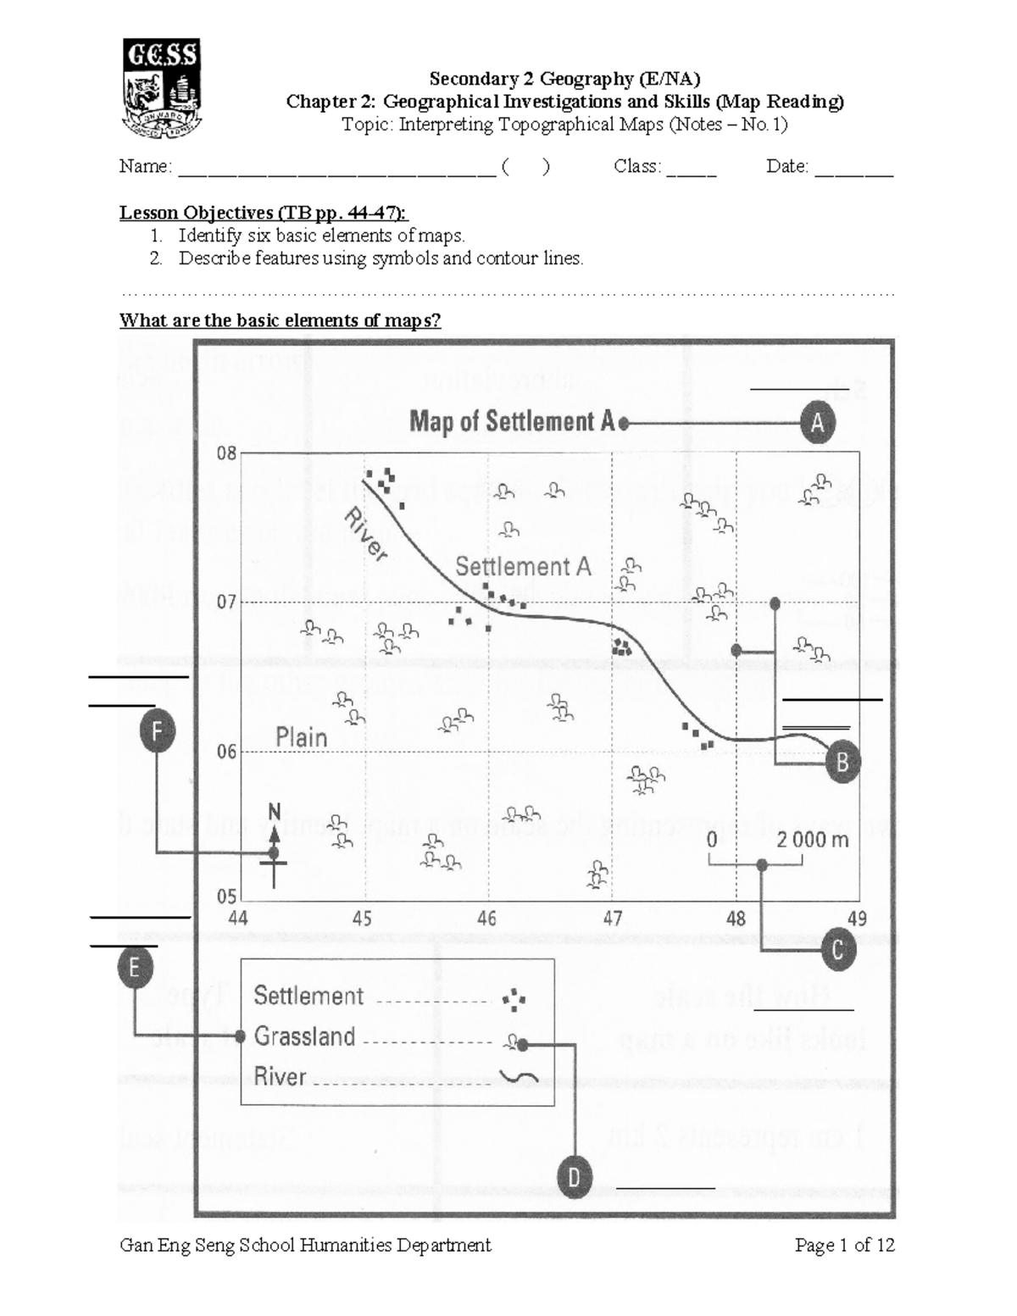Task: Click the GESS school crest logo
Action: (161, 87)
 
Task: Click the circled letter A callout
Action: (817, 423)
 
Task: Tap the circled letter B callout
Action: (842, 762)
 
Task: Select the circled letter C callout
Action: (838, 950)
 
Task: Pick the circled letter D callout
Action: (574, 1178)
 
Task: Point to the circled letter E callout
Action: (135, 968)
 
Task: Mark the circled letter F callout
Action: (157, 732)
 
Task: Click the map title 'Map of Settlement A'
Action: (512, 421)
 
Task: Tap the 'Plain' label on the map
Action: (302, 737)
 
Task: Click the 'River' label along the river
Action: (366, 534)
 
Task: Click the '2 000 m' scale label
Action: (812, 840)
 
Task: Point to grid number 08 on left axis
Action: (226, 453)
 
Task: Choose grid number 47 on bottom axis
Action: (612, 919)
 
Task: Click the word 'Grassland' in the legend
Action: (304, 1036)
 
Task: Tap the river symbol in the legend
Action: (518, 1077)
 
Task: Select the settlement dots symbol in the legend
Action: (514, 1000)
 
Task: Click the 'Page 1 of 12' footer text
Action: (844, 1245)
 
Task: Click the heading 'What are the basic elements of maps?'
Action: (280, 320)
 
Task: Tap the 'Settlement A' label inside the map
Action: (523, 566)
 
